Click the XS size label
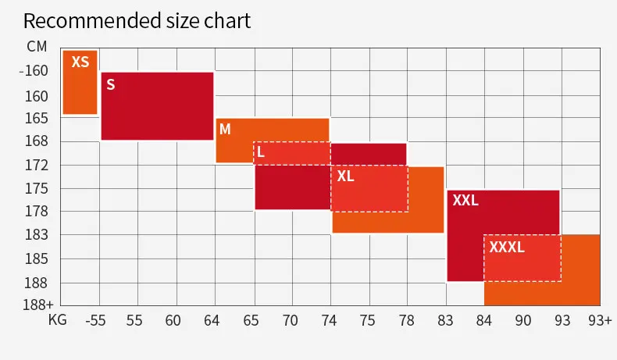point(80,62)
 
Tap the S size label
point(111,84)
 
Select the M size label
point(225,129)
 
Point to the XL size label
point(345,176)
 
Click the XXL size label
point(465,200)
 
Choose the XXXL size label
point(507,247)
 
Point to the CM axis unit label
point(37,47)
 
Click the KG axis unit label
point(58,319)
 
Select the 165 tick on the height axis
point(37,119)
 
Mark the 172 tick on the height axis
point(37,166)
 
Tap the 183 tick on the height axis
point(37,235)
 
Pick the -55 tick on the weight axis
point(95,321)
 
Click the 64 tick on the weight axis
point(212,321)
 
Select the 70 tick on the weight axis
point(290,321)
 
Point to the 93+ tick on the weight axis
point(600,321)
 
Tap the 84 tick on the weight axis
point(484,321)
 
